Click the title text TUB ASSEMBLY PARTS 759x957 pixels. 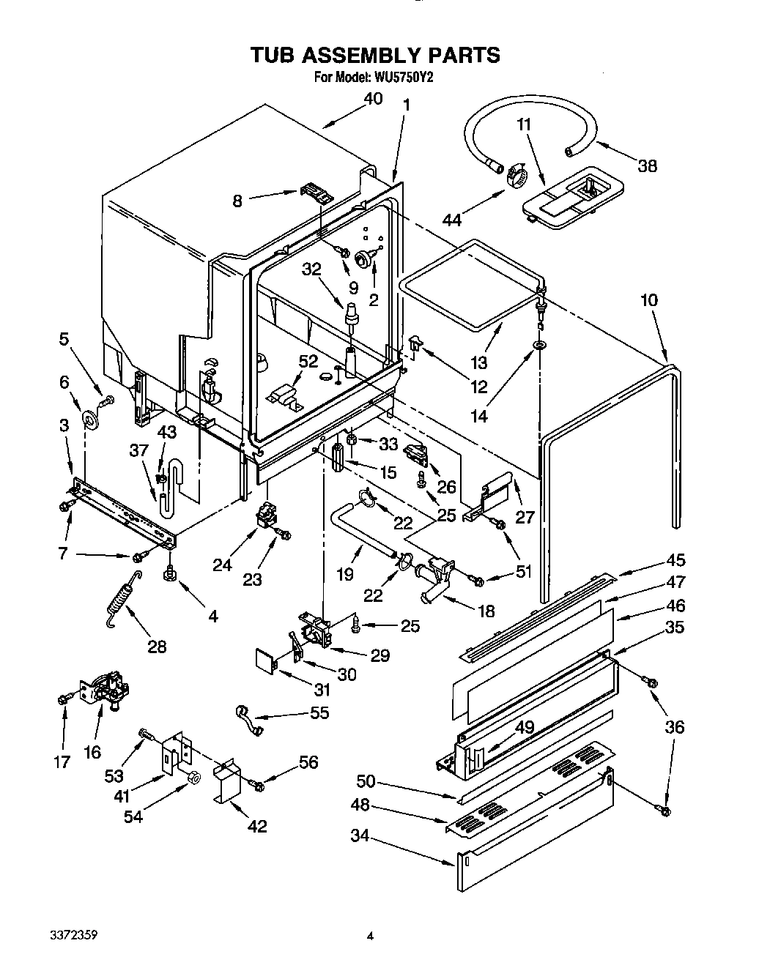[375, 55]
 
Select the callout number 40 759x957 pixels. [373, 100]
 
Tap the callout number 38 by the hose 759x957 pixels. [646, 165]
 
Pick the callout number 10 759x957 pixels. [648, 300]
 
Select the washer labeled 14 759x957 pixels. [539, 344]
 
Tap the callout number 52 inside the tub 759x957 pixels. [308, 362]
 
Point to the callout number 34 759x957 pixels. [359, 835]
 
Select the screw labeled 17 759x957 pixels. [63, 699]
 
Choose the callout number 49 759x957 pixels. [524, 727]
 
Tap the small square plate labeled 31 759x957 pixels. [264, 657]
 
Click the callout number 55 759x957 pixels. [319, 712]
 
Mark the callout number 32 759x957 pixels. [312, 269]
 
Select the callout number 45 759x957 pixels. [675, 560]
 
